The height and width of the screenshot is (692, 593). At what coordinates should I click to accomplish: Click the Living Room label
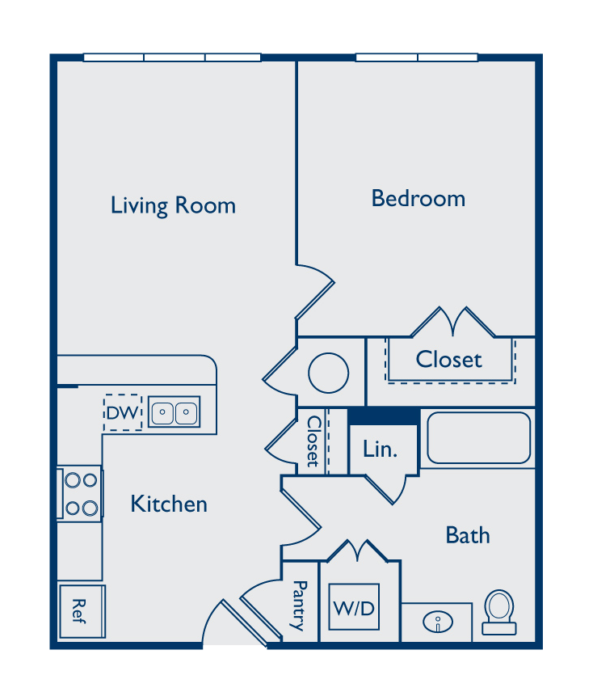coord(173,205)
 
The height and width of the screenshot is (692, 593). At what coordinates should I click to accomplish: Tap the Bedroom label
coord(418,198)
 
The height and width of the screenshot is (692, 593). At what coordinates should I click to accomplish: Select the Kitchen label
coord(169,504)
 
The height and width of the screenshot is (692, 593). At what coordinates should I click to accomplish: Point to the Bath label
coord(467,535)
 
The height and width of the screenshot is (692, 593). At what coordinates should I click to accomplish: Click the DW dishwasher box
coord(123,412)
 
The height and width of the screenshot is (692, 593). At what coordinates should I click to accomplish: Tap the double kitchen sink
coord(175,411)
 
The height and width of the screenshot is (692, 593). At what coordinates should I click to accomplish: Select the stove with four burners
coord(80,494)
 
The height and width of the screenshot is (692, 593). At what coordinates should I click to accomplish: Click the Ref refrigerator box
coord(82,611)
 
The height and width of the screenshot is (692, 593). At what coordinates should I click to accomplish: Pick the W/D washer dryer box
coord(354,607)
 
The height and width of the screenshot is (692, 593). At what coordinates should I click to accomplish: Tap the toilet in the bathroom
coord(499,612)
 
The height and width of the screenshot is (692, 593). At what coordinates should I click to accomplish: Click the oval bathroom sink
coord(437,622)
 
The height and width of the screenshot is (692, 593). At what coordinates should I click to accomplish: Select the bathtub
coord(478,438)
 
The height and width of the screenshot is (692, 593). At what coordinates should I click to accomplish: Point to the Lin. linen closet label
coord(380,449)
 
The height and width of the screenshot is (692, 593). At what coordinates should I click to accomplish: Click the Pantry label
coord(299,605)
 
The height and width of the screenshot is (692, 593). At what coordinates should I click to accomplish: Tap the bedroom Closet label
coord(448,359)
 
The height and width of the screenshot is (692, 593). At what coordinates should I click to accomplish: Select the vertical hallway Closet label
coord(313,441)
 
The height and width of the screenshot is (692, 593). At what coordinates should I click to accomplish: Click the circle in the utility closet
coord(329,373)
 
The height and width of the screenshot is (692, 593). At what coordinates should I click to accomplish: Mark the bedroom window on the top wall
coord(417,57)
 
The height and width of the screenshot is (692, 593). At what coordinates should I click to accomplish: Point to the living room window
coord(172,57)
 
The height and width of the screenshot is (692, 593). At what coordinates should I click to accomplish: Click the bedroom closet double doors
coord(452,322)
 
